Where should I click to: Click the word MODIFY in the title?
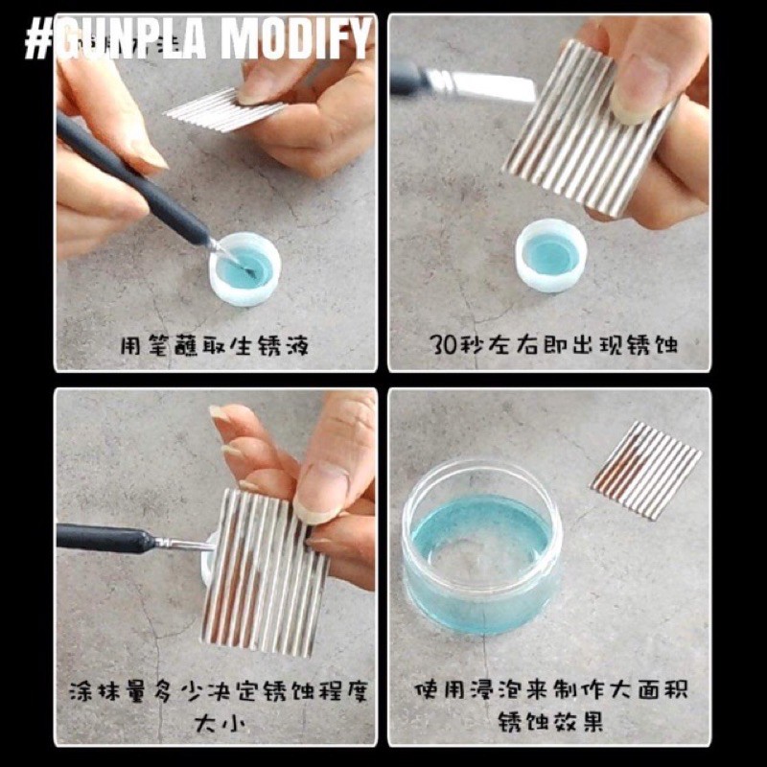295,38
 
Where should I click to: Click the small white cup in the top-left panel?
244,269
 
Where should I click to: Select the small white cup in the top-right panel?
551,255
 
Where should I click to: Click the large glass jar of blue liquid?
482,547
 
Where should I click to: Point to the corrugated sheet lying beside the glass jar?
645,470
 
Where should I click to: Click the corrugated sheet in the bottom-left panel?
265,572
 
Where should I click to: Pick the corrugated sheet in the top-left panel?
222,110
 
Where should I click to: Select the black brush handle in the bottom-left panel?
105,538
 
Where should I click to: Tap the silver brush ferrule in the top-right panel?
482,85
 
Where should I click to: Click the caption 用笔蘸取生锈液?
215,346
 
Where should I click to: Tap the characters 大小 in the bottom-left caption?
216,723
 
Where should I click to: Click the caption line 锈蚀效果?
550,721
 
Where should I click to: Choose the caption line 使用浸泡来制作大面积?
551,689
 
